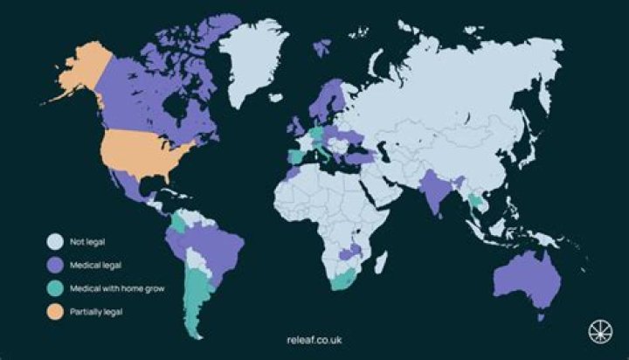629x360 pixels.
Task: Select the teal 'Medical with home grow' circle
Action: click(55, 287)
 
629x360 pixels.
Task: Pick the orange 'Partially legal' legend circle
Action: click(55, 311)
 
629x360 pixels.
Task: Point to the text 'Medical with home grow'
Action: click(116, 287)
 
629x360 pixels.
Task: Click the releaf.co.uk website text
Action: click(314, 339)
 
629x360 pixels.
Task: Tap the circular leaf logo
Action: click(597, 332)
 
